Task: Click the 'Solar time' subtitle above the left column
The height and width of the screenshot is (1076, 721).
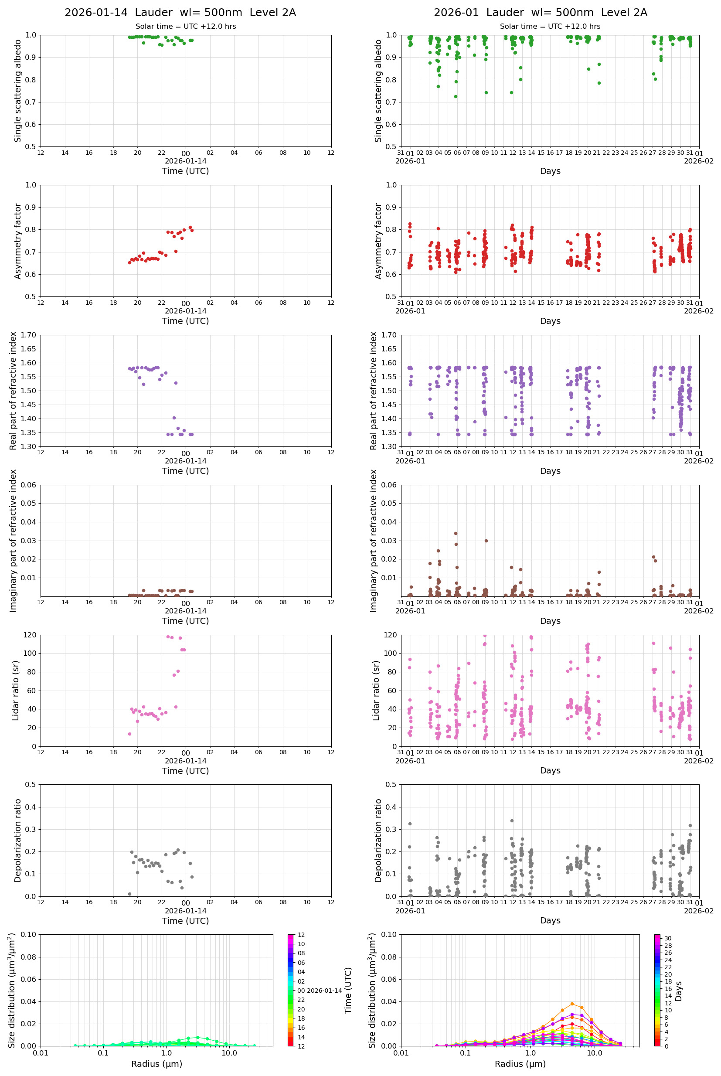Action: click(185, 27)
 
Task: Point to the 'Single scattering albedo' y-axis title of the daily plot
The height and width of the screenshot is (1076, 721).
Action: click(18, 91)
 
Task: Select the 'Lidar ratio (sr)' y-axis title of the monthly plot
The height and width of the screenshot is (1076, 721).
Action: click(376, 690)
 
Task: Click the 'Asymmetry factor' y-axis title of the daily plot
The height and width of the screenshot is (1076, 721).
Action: click(18, 241)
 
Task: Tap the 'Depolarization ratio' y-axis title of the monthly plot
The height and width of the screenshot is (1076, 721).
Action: click(378, 840)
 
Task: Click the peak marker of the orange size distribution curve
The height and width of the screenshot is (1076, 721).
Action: click(572, 1004)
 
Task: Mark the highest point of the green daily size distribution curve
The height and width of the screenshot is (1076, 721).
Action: click(198, 1037)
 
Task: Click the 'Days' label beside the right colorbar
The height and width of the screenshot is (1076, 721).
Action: click(679, 991)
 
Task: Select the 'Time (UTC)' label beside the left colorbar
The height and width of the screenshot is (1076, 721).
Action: click(348, 991)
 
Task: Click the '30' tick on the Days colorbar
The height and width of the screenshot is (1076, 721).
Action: click(668, 939)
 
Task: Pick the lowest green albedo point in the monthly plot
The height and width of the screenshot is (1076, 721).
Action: click(456, 96)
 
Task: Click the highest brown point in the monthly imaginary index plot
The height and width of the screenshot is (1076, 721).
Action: click(456, 533)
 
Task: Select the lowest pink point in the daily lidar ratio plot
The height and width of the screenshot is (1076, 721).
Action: click(129, 734)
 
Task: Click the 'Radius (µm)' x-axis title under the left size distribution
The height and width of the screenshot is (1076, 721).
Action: click(157, 1064)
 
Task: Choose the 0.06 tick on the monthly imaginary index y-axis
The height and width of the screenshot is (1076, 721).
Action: click(389, 485)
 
